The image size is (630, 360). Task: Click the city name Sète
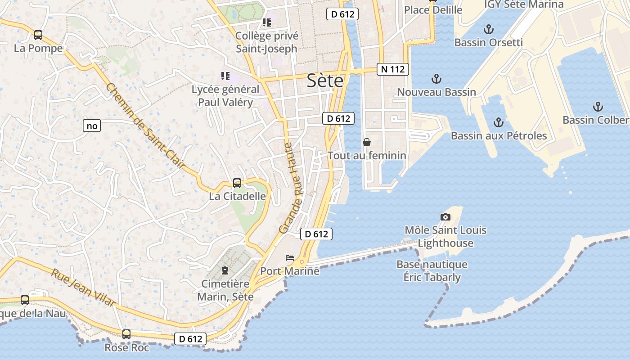pos(325,81)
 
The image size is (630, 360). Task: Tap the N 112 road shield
pos(393,69)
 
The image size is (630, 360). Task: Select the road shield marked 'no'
pos(92,126)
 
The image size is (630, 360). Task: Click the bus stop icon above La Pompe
pos(38,35)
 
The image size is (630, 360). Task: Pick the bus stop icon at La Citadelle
pos(237,183)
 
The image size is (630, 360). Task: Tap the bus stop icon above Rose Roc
pos(126,334)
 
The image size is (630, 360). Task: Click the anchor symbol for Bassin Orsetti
pos(488,30)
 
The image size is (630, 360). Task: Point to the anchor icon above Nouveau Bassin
pos(436,79)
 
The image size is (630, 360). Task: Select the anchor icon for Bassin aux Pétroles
pos(498,122)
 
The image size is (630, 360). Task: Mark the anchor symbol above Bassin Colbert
pos(598,107)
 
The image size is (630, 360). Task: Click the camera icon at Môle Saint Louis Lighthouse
pos(445,217)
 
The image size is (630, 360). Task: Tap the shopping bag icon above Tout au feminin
pos(367,143)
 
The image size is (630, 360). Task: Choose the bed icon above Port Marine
pos(290,258)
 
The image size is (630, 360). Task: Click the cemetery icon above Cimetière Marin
pos(225,270)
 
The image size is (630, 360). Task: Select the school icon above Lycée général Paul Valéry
pos(225,76)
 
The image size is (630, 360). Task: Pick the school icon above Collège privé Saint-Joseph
pos(267,22)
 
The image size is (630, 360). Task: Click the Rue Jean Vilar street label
pos(83,288)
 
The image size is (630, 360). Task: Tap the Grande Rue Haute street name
pos(292,188)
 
